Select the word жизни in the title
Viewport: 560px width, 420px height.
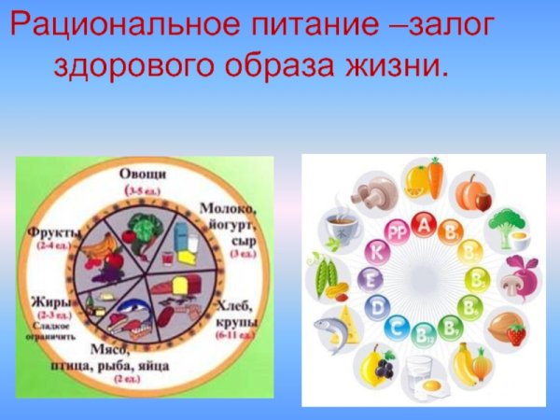point(401,66)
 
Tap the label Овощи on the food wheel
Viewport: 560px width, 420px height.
point(143,175)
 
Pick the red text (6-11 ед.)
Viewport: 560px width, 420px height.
point(237,332)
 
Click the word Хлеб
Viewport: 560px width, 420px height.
point(234,304)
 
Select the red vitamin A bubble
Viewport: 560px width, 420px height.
point(425,225)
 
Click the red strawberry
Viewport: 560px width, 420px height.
point(515,334)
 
